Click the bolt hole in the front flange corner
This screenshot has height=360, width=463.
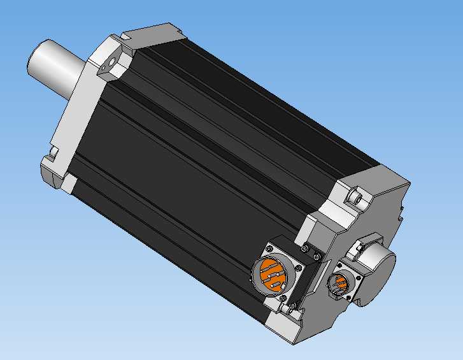click(x=112, y=64)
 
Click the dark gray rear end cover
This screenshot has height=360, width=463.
click(x=382, y=204)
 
